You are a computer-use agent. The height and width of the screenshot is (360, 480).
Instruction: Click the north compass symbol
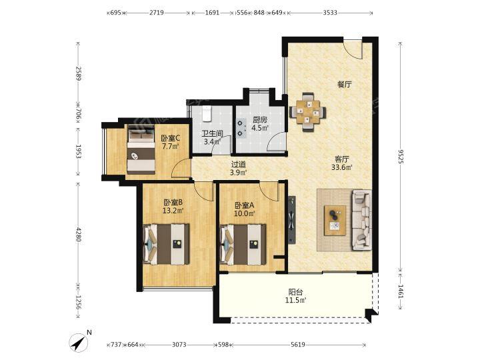(79, 343)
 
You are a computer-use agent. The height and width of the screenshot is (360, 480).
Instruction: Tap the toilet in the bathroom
(207, 113)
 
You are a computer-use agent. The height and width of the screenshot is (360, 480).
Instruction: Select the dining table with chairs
(307, 113)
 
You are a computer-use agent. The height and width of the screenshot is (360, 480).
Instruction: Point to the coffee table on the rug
(335, 221)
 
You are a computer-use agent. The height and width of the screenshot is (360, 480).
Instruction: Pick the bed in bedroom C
(141, 149)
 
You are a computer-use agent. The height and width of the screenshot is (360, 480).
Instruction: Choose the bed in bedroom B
(166, 244)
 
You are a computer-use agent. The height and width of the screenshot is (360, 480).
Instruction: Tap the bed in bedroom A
(243, 244)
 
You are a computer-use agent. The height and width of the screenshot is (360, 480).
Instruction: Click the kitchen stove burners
(241, 128)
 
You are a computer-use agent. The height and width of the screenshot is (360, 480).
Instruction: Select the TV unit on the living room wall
(292, 220)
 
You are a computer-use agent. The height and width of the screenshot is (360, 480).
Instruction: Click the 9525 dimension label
(401, 156)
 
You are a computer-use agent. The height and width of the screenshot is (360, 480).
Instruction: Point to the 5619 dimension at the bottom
(298, 345)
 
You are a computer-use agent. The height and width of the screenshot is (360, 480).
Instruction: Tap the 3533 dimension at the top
(330, 13)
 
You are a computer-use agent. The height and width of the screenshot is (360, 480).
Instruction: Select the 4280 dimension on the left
(79, 234)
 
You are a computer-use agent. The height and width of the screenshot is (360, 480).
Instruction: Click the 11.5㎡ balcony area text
(296, 300)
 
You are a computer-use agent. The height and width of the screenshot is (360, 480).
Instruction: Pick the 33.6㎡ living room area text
(342, 167)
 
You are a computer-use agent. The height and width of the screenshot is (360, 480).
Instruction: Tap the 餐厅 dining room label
(345, 85)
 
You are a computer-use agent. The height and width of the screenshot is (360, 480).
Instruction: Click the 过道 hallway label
(239, 165)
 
